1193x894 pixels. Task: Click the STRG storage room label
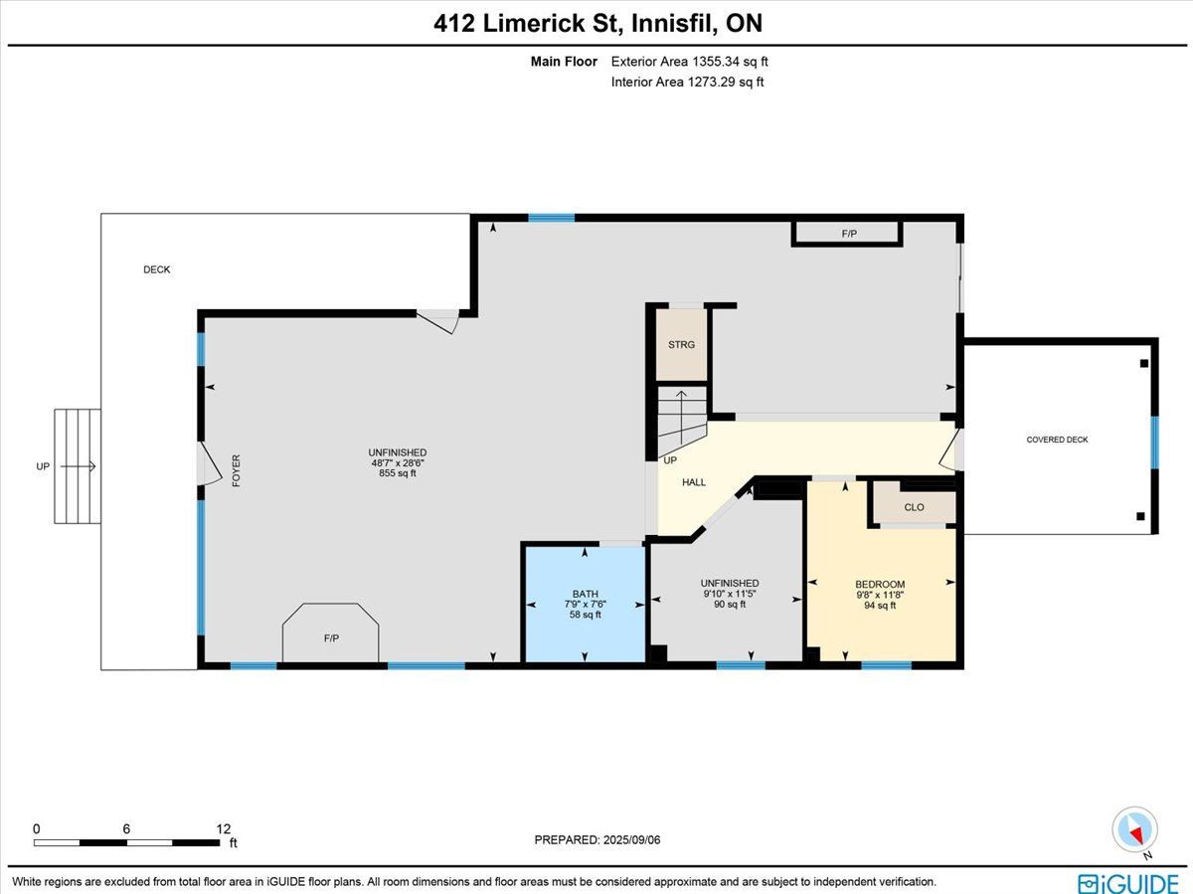(x=681, y=344)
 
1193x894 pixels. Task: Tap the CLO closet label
(x=914, y=507)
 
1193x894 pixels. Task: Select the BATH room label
(x=585, y=594)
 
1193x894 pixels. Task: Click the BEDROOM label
(x=880, y=585)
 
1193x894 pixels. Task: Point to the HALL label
(x=694, y=482)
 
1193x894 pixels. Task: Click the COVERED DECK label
(x=1057, y=440)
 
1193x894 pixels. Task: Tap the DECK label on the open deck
(x=156, y=269)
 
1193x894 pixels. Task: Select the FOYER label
(x=236, y=470)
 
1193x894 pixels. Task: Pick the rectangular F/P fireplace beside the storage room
(x=847, y=234)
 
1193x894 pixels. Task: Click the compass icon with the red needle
(x=1135, y=830)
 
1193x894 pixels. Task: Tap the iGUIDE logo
(x=1128, y=883)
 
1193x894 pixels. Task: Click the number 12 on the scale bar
(x=224, y=828)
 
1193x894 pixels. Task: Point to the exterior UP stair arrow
(x=78, y=466)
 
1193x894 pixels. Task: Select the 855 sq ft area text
(x=398, y=473)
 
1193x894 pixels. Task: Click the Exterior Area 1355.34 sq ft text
(x=689, y=62)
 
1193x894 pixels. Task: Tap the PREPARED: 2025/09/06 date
(x=597, y=839)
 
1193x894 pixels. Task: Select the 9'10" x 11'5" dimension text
(x=730, y=594)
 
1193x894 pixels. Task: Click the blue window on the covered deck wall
(x=1154, y=443)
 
